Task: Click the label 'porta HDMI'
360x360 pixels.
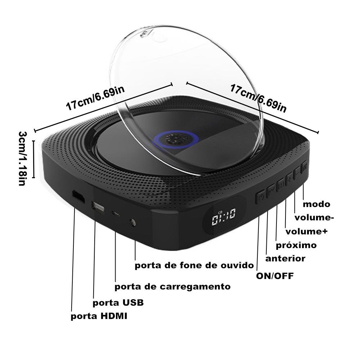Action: click(x=99, y=316)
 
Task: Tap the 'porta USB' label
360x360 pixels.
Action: click(x=118, y=302)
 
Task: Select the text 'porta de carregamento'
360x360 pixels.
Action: click(x=172, y=287)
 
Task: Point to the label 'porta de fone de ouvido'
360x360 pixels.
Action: click(x=194, y=266)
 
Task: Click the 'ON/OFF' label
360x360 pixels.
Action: click(x=275, y=276)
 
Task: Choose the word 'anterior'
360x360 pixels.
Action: click(x=285, y=258)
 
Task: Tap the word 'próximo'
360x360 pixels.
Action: click(x=296, y=245)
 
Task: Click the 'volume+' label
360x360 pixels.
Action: click(x=306, y=231)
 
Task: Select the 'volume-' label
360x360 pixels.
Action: click(x=314, y=217)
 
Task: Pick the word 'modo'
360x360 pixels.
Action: click(x=316, y=204)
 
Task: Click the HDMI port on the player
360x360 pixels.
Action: click(x=77, y=197)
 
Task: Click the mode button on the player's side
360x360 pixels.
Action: click(x=304, y=166)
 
